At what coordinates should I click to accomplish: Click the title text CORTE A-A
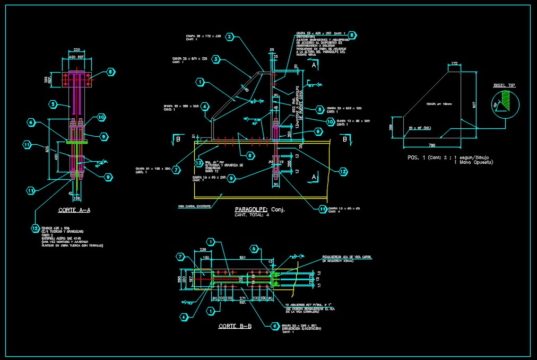tap(74, 210)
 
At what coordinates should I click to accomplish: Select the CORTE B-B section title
tap(235, 327)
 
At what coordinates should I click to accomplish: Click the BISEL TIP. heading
tap(504, 85)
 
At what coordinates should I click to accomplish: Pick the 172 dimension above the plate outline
tap(453, 64)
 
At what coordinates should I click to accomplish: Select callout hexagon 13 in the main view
tap(198, 163)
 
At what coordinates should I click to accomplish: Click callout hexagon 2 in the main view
tap(229, 37)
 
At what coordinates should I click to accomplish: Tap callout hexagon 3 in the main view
tap(216, 59)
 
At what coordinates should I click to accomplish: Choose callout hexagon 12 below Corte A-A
tap(35, 229)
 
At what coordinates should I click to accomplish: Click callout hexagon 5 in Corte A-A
tap(53, 104)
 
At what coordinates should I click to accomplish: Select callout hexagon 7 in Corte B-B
tap(181, 257)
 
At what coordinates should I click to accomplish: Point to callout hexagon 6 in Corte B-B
tap(274, 326)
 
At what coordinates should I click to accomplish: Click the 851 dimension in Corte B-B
tap(242, 258)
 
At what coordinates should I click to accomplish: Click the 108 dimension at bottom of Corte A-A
tap(77, 198)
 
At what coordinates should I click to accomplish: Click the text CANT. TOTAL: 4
tap(252, 215)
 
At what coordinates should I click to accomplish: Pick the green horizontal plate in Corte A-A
tap(77, 142)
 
